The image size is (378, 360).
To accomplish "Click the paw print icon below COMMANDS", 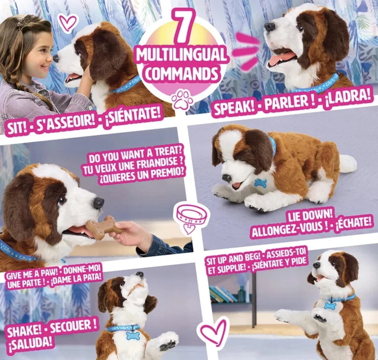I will coord(182,99).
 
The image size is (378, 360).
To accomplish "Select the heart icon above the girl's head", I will coord(68,22).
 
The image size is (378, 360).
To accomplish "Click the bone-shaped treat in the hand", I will coord(104,228).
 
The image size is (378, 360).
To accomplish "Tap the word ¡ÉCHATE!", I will coord(353,222).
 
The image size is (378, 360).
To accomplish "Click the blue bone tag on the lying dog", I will coord(260,183).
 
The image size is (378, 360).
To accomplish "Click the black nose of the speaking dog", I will coord(270,27).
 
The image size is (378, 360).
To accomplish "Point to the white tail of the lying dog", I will coord(348,163).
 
